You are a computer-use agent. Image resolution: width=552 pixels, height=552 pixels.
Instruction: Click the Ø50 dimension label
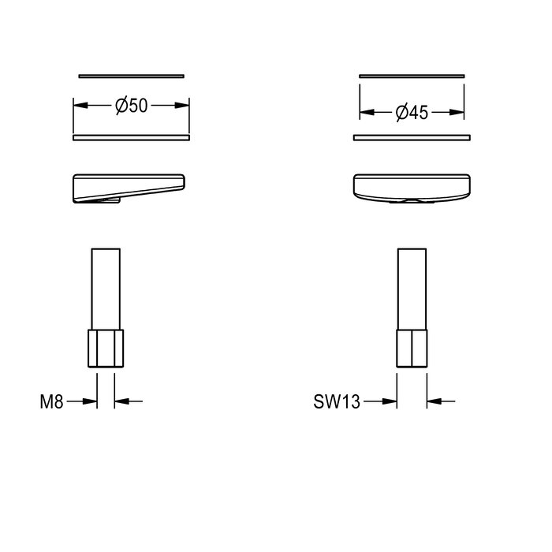(132, 106)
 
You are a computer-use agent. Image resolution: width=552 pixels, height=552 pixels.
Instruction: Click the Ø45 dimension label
(412, 113)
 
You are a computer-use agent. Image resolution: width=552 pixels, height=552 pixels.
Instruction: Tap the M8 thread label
(51, 401)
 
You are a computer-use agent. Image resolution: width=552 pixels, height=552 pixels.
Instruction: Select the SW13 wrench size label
(337, 401)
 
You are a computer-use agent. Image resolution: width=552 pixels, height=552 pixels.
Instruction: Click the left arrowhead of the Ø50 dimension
(80, 105)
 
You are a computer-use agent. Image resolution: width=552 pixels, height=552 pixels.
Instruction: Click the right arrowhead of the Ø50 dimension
(181, 105)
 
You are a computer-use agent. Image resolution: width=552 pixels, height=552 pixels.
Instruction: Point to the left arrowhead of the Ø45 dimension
(367, 112)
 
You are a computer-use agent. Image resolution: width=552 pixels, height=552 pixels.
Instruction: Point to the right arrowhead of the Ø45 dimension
(457, 112)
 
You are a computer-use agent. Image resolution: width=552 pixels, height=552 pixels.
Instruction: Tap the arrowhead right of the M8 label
(90, 401)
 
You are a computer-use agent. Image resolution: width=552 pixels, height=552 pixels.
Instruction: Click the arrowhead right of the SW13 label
(390, 401)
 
